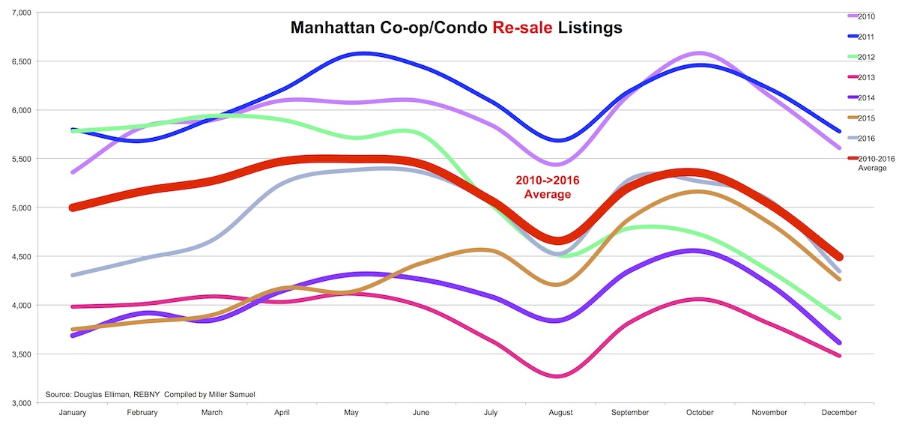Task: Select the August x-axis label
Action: pos(560,412)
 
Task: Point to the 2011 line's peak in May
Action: pos(363,53)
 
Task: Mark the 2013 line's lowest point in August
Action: pos(560,375)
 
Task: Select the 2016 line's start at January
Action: pos(72,275)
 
